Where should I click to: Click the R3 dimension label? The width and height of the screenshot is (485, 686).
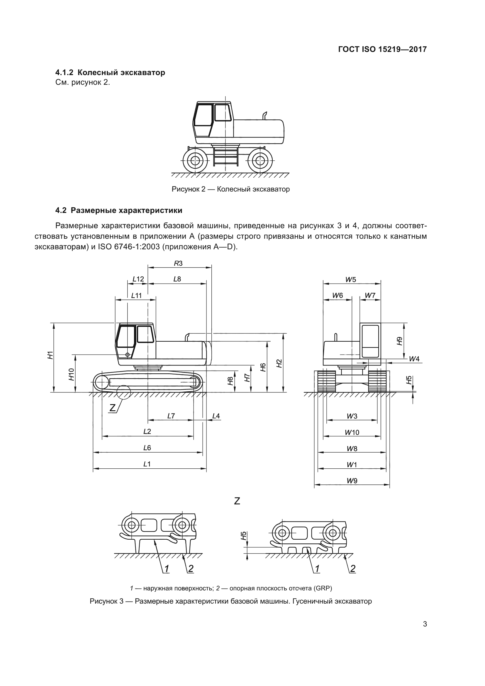(178, 263)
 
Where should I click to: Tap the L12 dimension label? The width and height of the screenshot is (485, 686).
(138, 279)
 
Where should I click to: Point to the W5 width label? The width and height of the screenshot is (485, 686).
(351, 280)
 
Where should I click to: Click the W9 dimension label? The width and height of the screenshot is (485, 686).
(352, 481)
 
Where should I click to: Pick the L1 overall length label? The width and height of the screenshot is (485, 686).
(147, 464)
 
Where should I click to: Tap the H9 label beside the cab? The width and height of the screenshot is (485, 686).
(400, 341)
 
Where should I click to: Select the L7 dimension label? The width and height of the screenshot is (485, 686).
(171, 416)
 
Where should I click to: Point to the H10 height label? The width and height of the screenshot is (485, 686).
(71, 374)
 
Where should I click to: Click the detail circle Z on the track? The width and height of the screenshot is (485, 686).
(124, 392)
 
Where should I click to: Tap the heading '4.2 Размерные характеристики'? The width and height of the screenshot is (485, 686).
(119, 210)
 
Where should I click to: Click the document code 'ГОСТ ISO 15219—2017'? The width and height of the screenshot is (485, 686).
(382, 49)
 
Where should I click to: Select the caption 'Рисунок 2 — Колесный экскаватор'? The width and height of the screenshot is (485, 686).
(230, 189)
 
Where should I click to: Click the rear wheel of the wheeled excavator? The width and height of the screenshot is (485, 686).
(260, 160)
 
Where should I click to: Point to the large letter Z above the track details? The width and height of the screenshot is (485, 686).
(237, 501)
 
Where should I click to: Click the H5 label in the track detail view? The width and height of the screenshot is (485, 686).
(244, 536)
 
